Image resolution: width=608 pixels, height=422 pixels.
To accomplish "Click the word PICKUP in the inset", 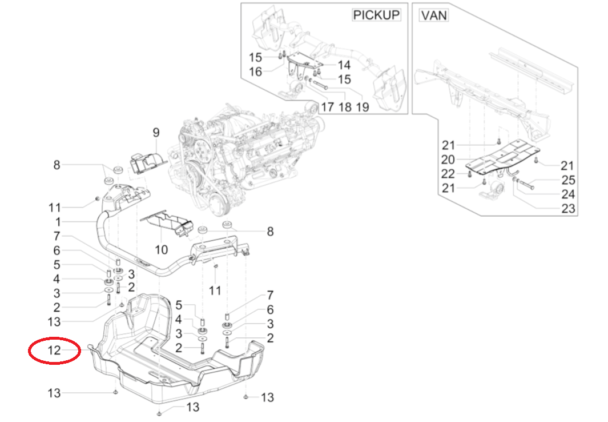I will point(376,15).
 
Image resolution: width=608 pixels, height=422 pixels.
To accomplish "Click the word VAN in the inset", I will point(434,15).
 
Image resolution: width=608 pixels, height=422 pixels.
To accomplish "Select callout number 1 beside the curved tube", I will point(58,221).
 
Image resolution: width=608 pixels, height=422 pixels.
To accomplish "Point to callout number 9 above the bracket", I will point(155,133).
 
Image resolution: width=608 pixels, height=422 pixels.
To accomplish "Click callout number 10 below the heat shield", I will point(161,250).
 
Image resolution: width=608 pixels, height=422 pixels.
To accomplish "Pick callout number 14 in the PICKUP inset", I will point(344,65).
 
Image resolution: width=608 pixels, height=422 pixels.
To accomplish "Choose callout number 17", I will point(327,107).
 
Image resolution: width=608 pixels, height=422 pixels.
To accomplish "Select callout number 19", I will point(363,107).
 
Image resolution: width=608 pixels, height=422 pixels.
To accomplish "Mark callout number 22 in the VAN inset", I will point(448,173).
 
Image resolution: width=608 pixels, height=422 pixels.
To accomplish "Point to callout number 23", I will point(568,209).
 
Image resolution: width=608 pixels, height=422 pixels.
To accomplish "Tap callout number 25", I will point(568,180).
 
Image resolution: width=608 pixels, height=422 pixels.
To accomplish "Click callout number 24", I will point(568,194).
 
